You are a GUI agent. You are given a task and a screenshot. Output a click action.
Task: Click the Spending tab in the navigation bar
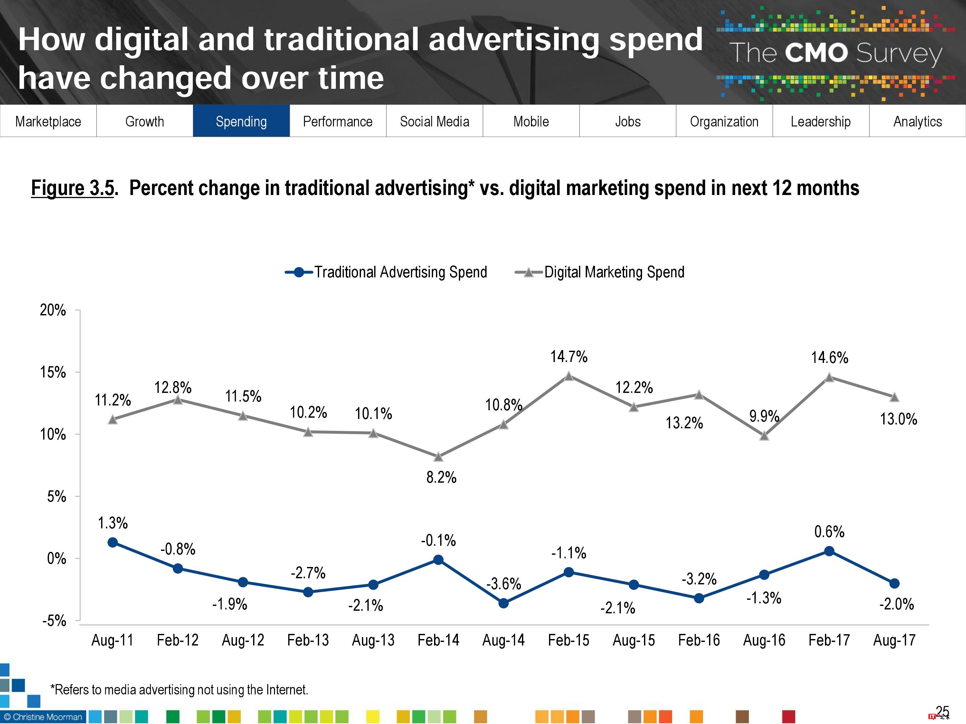click(x=241, y=121)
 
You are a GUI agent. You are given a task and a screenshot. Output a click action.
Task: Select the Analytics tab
click(x=917, y=121)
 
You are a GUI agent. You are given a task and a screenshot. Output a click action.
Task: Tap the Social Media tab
click(x=434, y=121)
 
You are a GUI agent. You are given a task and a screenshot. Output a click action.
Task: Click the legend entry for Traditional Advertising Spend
click(x=386, y=272)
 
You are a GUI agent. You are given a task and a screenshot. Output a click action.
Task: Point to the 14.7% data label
click(x=569, y=357)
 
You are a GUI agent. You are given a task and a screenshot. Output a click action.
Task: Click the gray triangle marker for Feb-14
click(x=439, y=457)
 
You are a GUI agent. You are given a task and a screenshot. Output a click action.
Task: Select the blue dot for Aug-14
click(x=504, y=603)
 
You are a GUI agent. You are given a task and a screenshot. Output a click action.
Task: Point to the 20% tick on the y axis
click(x=53, y=310)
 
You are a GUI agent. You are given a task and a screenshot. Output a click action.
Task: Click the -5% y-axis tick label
click(x=54, y=621)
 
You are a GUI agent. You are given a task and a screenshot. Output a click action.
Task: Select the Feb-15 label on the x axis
click(x=569, y=640)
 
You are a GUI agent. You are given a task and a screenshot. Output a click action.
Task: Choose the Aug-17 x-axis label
click(x=894, y=640)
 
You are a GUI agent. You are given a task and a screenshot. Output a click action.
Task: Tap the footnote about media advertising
click(x=179, y=690)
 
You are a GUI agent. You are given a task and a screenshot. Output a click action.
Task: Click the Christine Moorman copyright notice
click(x=43, y=717)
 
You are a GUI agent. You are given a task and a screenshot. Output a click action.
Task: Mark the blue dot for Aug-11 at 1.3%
click(x=113, y=543)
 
